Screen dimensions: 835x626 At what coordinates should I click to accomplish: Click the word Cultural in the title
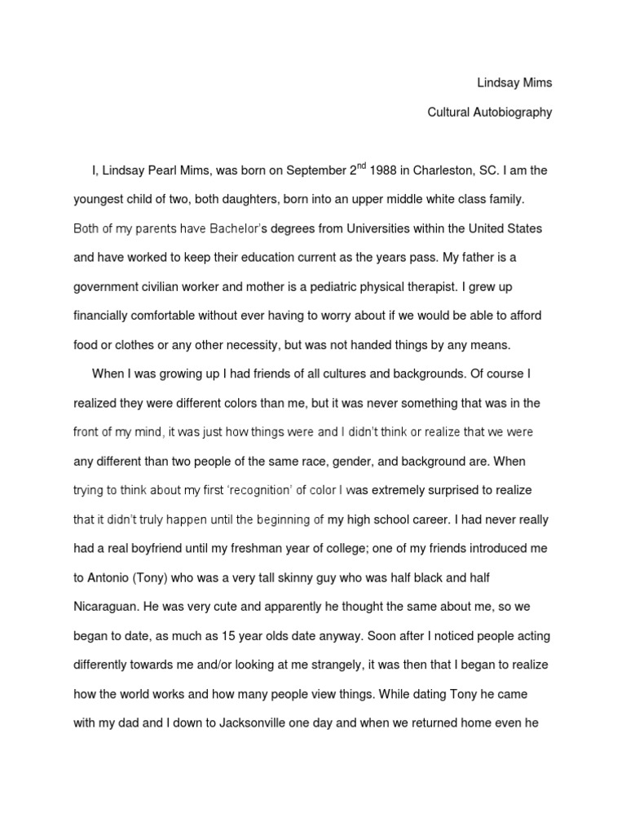(448, 113)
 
